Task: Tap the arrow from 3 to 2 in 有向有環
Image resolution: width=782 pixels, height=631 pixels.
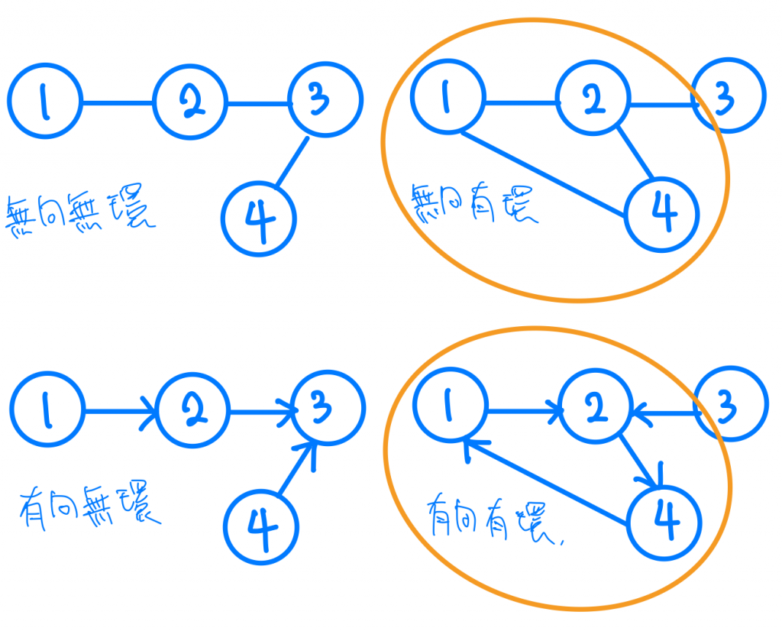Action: click(664, 413)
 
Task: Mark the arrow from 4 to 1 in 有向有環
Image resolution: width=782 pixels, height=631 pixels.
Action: click(546, 482)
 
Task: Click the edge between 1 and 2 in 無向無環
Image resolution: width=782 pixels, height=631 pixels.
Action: click(117, 102)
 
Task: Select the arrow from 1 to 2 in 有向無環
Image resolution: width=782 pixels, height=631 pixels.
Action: click(118, 412)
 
